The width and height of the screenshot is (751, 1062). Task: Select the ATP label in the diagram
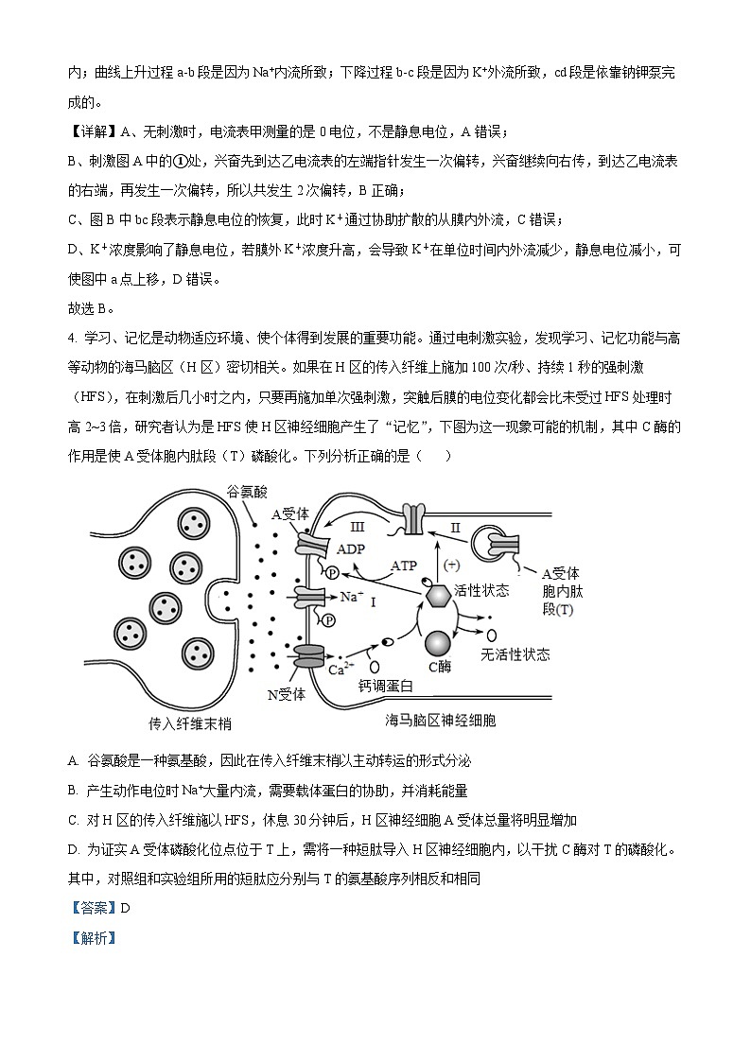(x=404, y=566)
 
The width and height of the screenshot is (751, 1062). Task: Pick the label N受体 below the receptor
(x=287, y=693)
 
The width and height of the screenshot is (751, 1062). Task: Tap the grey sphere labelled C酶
(x=440, y=643)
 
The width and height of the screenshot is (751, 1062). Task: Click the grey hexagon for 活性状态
(x=438, y=596)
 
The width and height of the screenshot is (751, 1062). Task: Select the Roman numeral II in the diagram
(x=455, y=527)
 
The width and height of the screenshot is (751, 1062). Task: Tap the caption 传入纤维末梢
(x=190, y=723)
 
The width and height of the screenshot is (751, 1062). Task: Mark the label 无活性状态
(x=515, y=654)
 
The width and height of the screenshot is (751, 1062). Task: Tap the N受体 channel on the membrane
(x=308, y=656)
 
